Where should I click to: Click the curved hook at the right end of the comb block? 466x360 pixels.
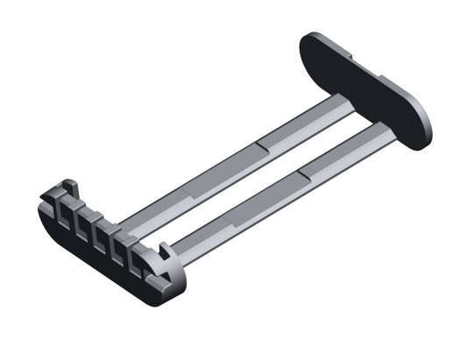pos(163,255)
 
